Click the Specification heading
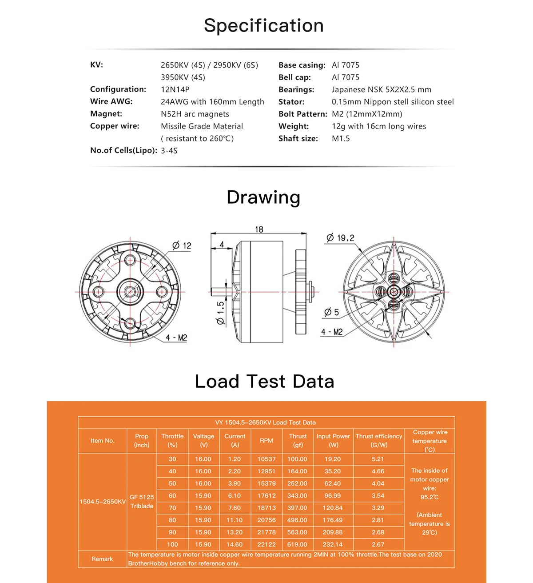point(264,25)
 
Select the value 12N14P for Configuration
point(175,89)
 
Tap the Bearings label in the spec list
point(296,89)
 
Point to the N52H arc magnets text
point(195,114)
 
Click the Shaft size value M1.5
point(341,138)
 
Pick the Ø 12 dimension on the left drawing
point(182,245)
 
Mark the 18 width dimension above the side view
point(259,229)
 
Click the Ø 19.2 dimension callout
point(340,238)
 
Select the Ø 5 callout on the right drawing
point(331,312)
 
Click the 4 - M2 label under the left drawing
point(176,338)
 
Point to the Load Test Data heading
point(264,382)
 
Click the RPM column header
point(266,441)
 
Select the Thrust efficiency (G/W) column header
point(379,441)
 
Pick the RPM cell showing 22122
point(266,544)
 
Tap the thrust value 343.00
point(297,495)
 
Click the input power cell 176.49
point(333,520)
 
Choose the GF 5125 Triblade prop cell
point(142,502)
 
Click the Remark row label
point(102,559)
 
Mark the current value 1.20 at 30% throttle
point(235,459)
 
